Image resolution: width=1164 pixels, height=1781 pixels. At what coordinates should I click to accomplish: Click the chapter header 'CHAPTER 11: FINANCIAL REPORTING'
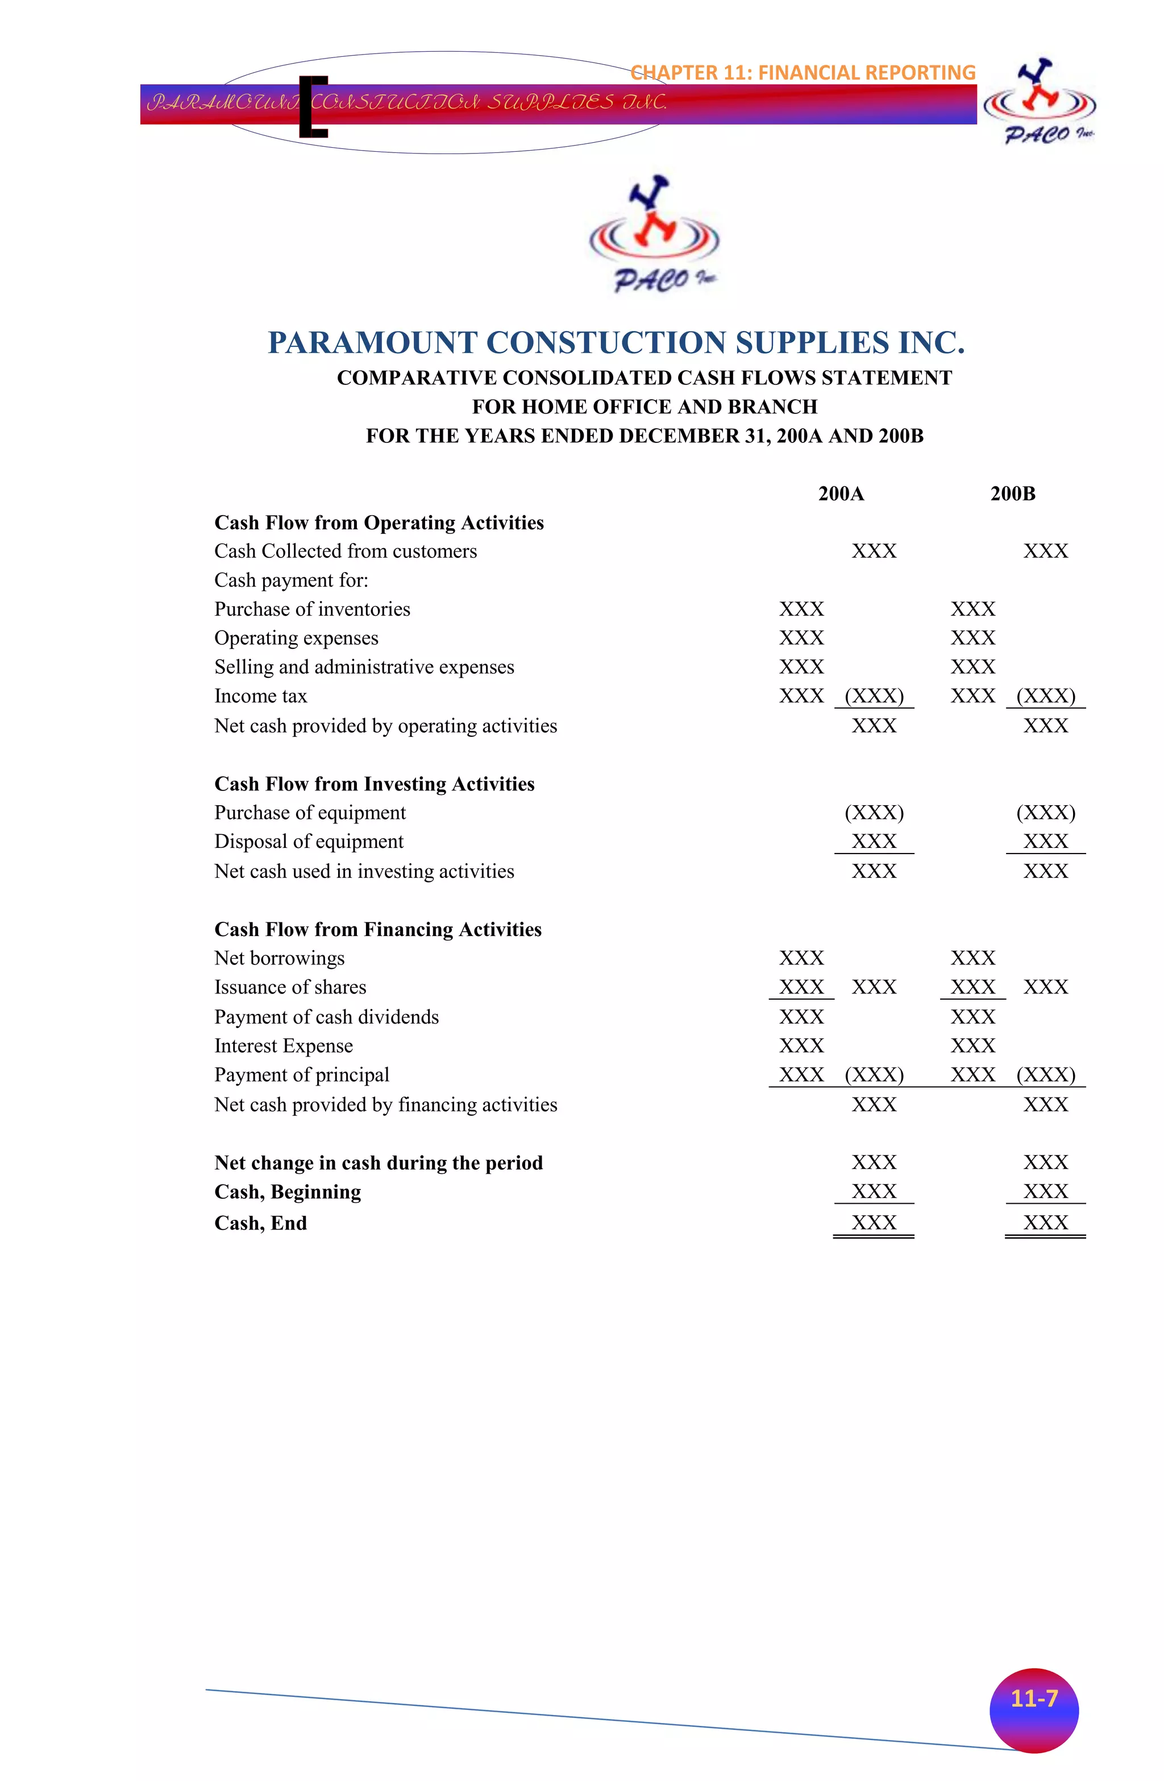pos(803,73)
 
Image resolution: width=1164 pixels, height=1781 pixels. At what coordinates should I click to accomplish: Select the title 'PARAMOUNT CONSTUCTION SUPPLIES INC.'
pos(617,343)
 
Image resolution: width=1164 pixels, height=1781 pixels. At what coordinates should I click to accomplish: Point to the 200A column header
pos(841,494)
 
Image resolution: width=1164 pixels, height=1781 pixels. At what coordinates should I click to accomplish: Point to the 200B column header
pos(1012,494)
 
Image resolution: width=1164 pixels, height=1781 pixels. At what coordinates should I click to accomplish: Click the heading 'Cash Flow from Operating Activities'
pos(379,523)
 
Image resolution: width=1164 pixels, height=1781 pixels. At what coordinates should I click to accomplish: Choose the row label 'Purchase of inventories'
pos(312,609)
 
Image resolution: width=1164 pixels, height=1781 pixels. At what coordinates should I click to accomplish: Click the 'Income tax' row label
pos(260,696)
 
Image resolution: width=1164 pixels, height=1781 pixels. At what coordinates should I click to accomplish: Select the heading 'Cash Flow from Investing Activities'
pos(374,784)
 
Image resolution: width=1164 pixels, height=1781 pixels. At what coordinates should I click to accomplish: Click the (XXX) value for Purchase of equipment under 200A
pos(874,813)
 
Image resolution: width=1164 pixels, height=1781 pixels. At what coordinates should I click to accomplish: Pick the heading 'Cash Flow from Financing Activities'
pos(378,929)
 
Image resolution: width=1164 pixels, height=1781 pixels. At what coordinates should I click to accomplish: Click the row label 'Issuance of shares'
pos(290,987)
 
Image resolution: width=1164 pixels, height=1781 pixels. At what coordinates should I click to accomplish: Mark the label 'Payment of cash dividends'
pos(326,1017)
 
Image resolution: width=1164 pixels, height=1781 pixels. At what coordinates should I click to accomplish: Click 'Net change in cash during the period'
pos(379,1163)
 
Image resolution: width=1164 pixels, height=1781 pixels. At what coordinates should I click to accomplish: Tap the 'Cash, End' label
pos(260,1223)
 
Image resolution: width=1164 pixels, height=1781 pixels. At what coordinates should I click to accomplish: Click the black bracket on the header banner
pos(312,106)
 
